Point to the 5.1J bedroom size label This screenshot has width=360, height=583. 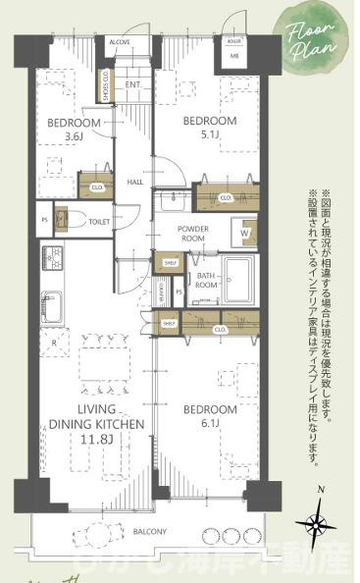pyautogui.click(x=210, y=136)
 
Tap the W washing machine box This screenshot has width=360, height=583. pyautogui.click(x=244, y=234)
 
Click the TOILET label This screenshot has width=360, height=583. pyautogui.click(x=99, y=222)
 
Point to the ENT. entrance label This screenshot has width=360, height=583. pyautogui.click(x=134, y=85)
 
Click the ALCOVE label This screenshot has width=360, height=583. pyautogui.click(x=120, y=42)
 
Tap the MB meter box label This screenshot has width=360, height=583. pyautogui.click(x=233, y=55)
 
